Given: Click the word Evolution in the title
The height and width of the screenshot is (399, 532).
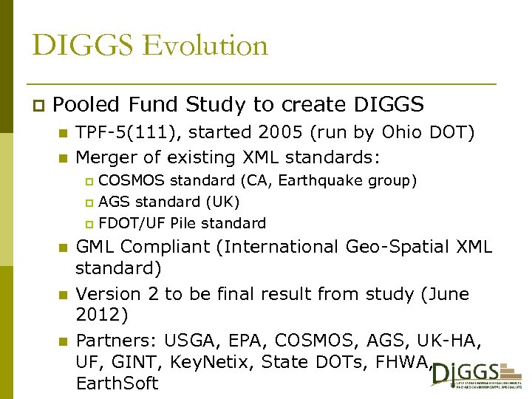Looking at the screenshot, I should pos(205,46).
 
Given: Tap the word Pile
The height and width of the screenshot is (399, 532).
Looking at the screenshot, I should pos(183,223).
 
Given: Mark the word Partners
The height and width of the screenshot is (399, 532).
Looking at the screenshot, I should pos(115,341).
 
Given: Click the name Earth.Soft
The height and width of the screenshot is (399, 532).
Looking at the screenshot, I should pos(117,383).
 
